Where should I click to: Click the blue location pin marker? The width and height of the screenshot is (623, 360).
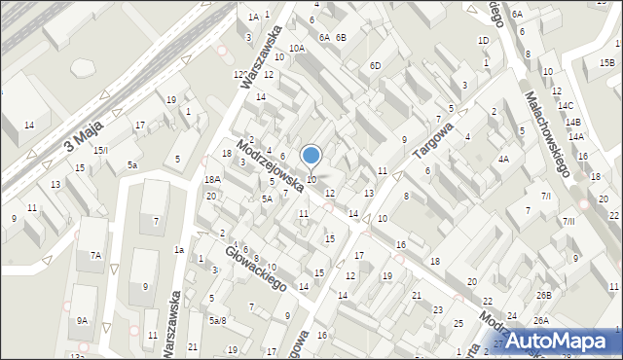pyautogui.click(x=311, y=157)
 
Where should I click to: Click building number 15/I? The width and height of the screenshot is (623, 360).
pyautogui.click(x=99, y=150)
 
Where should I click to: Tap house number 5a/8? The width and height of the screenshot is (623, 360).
pyautogui.click(x=217, y=320)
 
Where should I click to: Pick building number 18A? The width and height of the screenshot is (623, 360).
pyautogui.click(x=212, y=179)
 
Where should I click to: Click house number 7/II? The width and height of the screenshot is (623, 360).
pyautogui.click(x=569, y=222)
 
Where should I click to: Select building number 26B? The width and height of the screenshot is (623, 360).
pyautogui.click(x=542, y=295)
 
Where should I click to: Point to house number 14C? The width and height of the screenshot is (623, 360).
pyautogui.click(x=566, y=105)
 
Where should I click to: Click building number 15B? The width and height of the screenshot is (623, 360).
pyautogui.click(x=606, y=63)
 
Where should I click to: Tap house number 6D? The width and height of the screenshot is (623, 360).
pyautogui.click(x=375, y=65)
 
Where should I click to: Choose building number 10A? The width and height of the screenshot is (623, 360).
pyautogui.click(x=296, y=48)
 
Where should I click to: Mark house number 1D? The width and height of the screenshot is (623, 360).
pyautogui.click(x=483, y=40)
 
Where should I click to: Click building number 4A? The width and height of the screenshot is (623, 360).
pyautogui.click(x=503, y=158)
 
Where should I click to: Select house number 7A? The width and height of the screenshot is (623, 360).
pyautogui.click(x=95, y=255)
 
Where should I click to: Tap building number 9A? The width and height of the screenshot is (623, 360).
pyautogui.click(x=83, y=320)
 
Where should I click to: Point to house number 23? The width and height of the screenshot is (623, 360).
pyautogui.click(x=437, y=309)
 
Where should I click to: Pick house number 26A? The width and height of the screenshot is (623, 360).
pyautogui.click(x=540, y=320)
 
